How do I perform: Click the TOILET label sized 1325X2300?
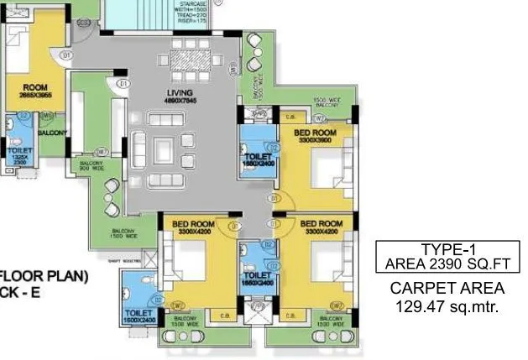[x=18, y=152]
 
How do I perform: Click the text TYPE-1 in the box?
[x=442, y=249]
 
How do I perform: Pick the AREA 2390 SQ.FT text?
[x=442, y=263]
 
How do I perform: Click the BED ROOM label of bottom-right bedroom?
[x=315, y=224]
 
